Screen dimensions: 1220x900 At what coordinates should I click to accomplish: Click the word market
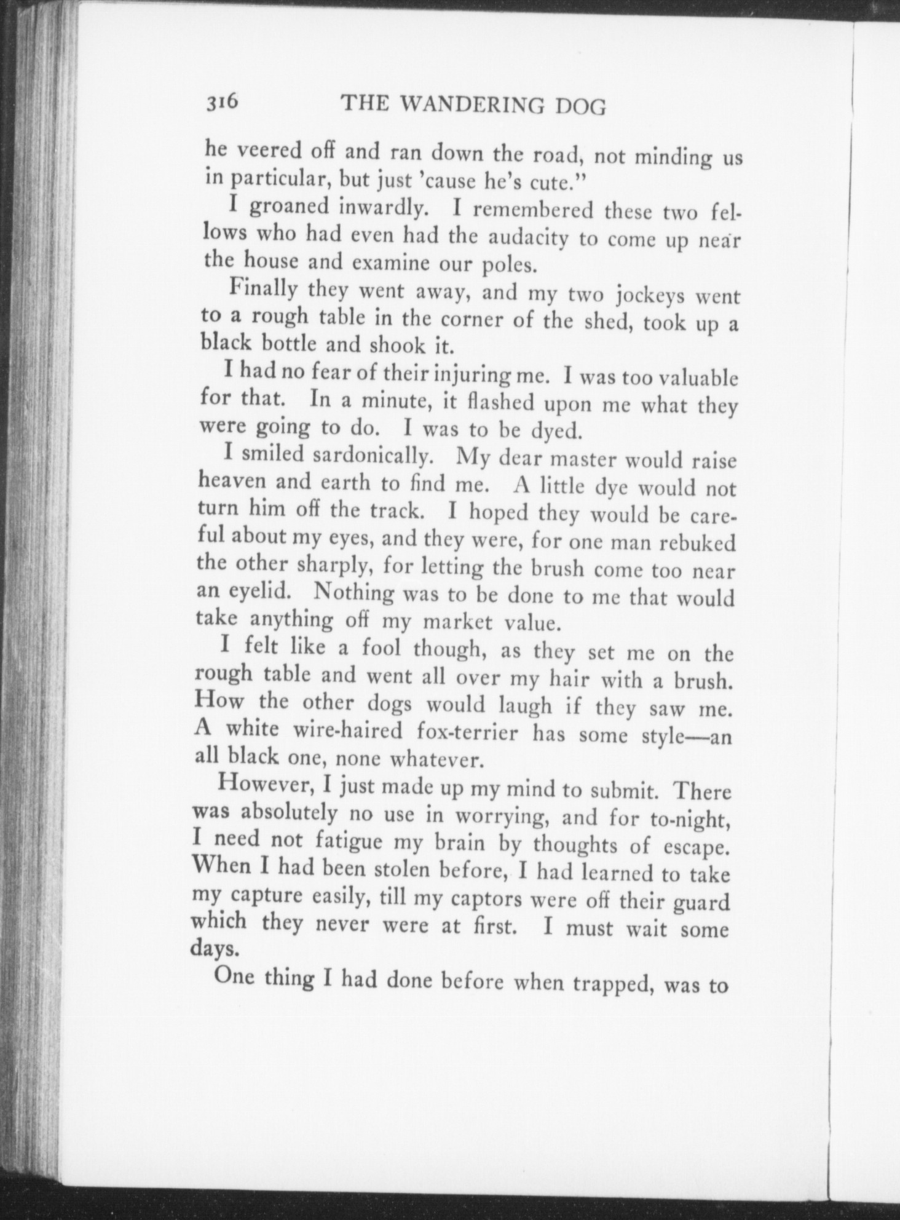point(457,622)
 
